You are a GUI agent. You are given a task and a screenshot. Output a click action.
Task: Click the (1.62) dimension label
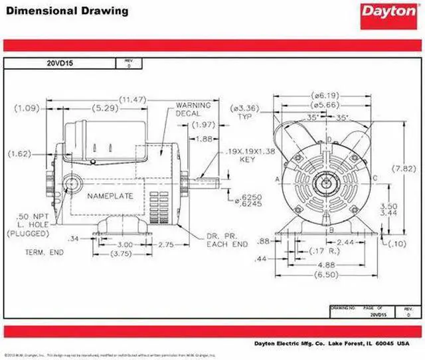click(x=20, y=153)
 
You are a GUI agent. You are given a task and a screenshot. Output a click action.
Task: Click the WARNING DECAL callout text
click(x=193, y=109)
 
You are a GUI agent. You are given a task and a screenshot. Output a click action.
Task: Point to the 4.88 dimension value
click(x=326, y=264)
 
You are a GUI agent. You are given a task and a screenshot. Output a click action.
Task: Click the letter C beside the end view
click(x=375, y=177)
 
